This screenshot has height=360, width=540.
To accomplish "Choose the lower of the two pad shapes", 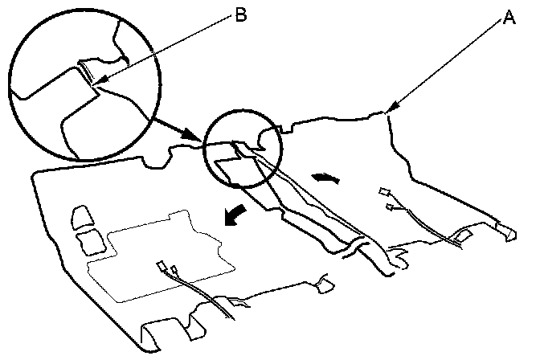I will (91, 239).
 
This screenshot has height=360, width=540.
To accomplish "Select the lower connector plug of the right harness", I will (391, 207).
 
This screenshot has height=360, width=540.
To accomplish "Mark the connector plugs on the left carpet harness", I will (167, 268).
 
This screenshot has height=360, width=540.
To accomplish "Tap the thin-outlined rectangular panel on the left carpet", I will (161, 253).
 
